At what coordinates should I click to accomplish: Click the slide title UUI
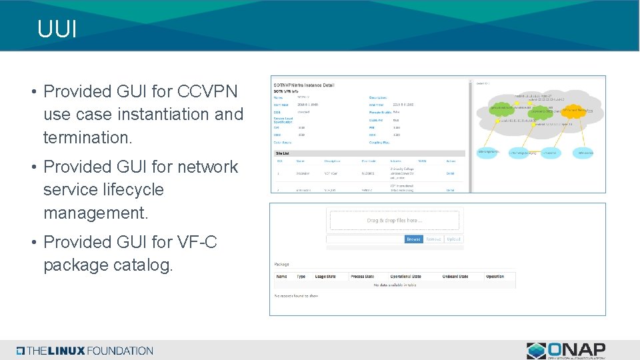[x=57, y=29]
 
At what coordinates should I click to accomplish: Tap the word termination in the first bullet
[x=87, y=138]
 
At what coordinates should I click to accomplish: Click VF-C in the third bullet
[x=197, y=242]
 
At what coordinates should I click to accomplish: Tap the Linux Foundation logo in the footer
[x=85, y=351]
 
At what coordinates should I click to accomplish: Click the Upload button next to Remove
[x=453, y=239]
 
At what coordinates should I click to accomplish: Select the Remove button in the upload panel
[x=433, y=239]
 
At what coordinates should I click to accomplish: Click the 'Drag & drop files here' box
[x=394, y=221]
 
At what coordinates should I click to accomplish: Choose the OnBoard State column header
[x=455, y=277]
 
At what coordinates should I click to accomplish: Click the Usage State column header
[x=326, y=277]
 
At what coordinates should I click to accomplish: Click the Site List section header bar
[x=360, y=153]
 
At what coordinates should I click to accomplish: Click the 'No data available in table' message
[x=394, y=285]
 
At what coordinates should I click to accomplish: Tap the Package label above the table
[x=282, y=264]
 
